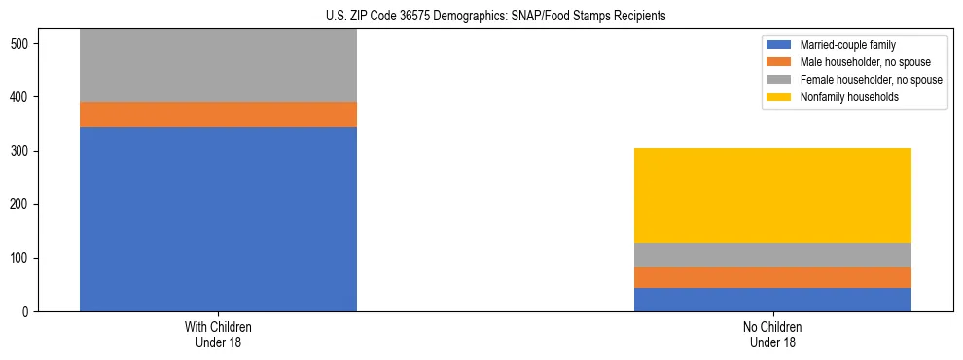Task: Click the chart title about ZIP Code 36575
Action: click(x=481, y=17)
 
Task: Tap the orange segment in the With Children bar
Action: click(x=218, y=115)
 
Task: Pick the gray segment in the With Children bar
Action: click(x=218, y=65)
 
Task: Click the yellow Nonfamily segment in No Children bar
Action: click(x=772, y=196)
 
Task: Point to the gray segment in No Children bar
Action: click(x=772, y=255)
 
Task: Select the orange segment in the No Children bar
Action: click(x=772, y=277)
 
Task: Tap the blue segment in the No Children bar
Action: click(x=772, y=300)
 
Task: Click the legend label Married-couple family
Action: click(x=847, y=45)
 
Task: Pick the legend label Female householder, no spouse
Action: click(x=871, y=80)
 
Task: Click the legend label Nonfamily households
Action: click(x=848, y=97)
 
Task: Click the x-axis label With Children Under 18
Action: click(x=218, y=334)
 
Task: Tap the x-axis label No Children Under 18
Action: click(x=772, y=334)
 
